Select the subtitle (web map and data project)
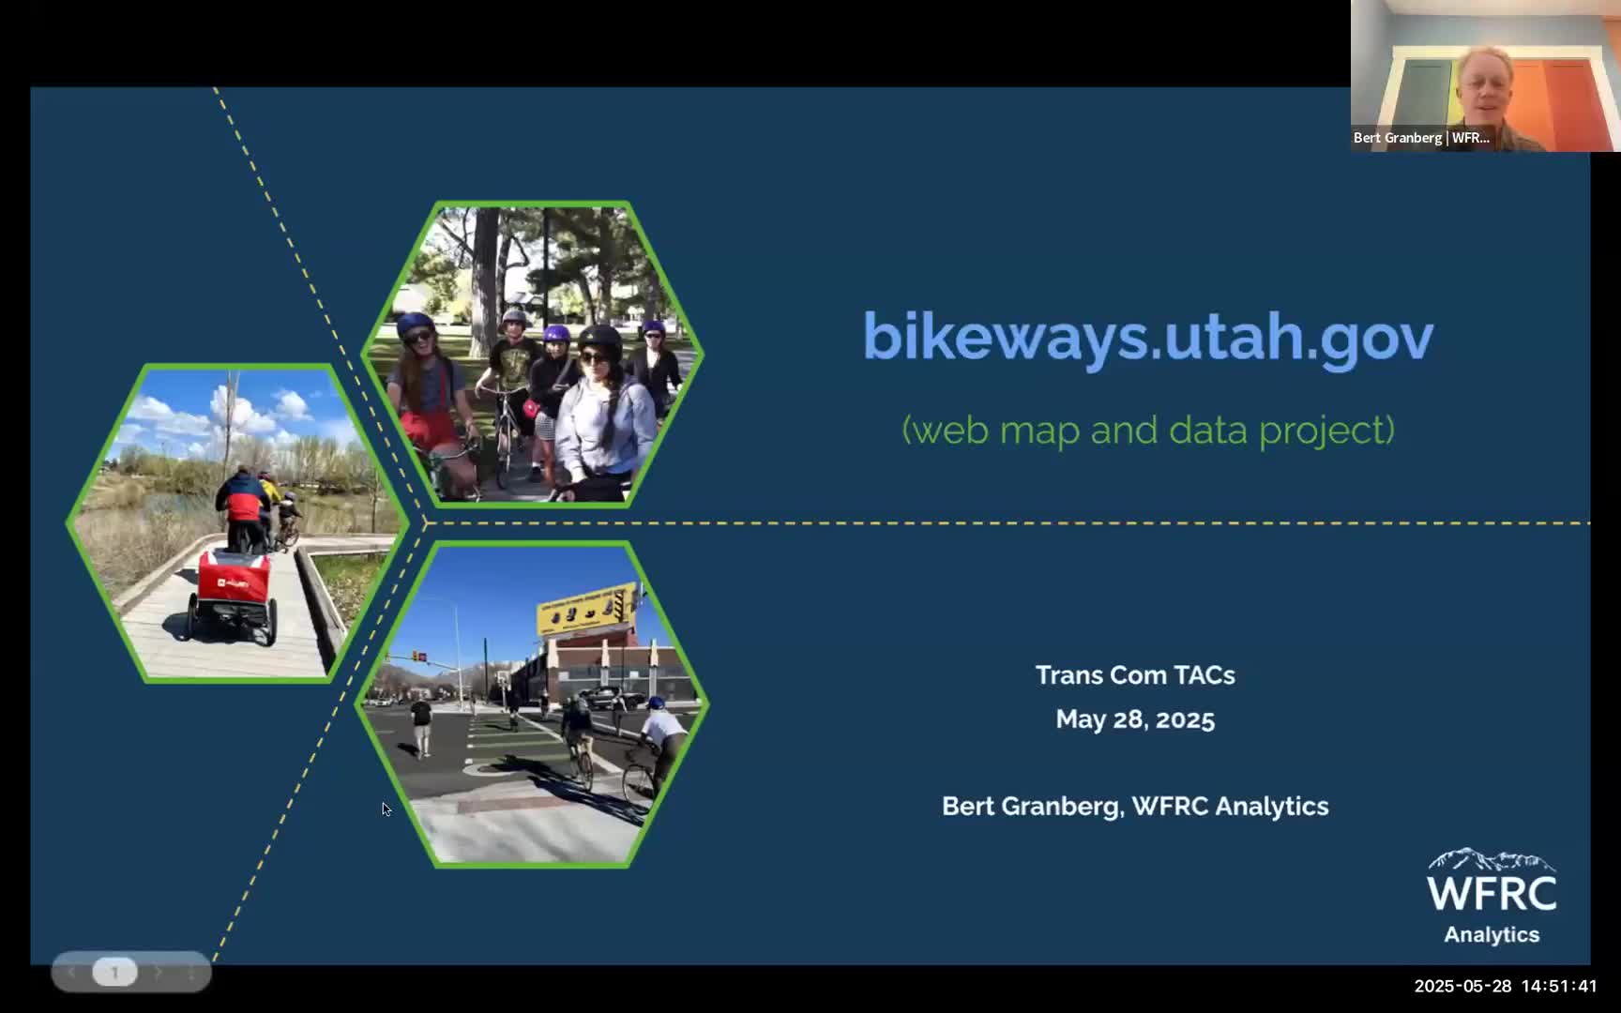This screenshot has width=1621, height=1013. (x=1147, y=430)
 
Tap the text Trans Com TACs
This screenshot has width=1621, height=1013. (x=1135, y=675)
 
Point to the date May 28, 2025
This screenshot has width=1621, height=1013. (x=1135, y=719)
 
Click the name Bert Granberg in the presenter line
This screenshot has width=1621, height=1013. (x=1030, y=807)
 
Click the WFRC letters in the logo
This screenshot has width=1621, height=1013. (x=1492, y=892)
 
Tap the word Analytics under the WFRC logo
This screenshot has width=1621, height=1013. (x=1492, y=935)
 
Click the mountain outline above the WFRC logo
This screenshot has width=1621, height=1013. (x=1492, y=859)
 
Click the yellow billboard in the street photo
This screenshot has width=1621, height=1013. (x=587, y=610)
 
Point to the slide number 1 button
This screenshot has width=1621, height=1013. (x=114, y=972)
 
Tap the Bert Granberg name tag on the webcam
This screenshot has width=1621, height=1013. (x=1421, y=138)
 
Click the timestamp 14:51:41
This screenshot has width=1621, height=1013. (x=1559, y=986)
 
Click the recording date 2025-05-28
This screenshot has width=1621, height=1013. (x=1462, y=986)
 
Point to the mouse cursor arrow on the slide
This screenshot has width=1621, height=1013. (x=386, y=809)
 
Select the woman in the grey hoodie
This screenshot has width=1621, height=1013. (x=606, y=413)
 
